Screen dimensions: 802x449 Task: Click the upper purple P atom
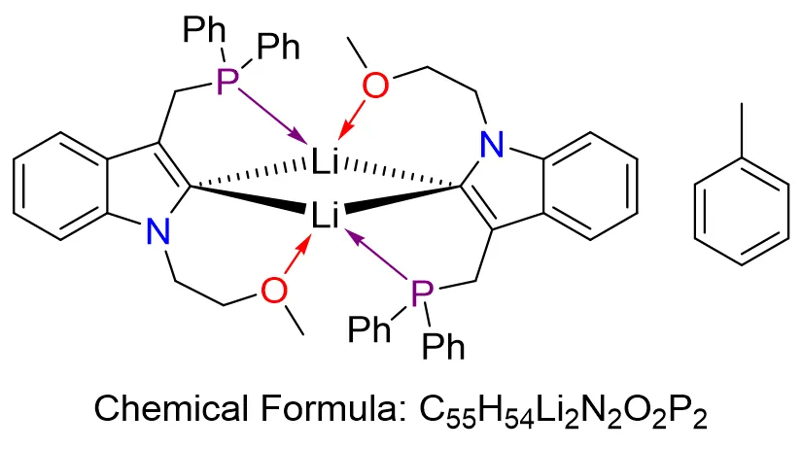coord(227,84)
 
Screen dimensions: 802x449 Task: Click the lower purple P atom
coord(420,291)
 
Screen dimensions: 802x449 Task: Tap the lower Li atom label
coord(325,215)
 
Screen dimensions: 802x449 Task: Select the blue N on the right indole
coord(494,147)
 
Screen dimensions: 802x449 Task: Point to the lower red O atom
coord(275,289)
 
